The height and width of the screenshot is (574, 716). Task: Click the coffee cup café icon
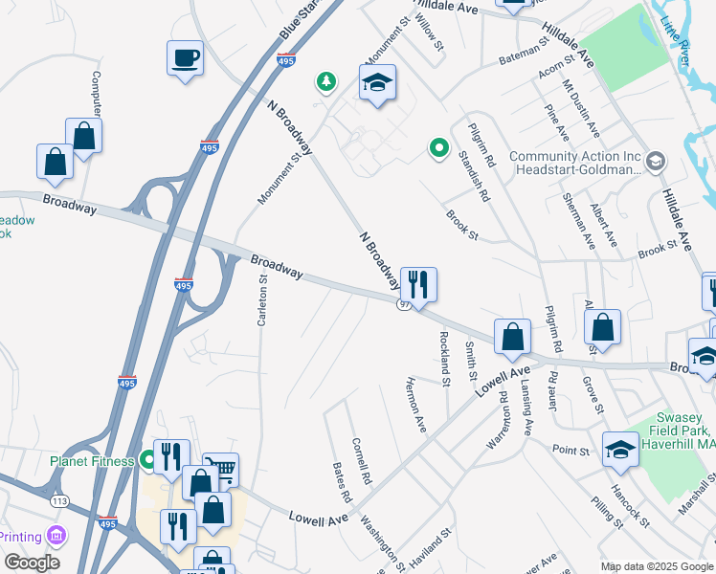pos(185,58)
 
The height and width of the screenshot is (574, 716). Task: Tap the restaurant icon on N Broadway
pos(418,284)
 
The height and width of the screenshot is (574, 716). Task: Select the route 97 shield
pos(405,303)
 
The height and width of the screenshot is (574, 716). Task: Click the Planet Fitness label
pos(92,461)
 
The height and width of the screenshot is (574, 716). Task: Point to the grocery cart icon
pos(220,469)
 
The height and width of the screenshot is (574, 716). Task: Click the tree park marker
pos(326,82)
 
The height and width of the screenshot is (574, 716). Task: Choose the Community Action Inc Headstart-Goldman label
pos(574,163)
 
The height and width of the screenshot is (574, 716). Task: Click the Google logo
pos(33,563)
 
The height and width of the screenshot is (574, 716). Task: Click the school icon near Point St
pos(620,449)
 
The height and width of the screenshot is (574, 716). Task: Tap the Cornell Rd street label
pos(361,460)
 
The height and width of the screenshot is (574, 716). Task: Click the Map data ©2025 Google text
pos(657,565)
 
